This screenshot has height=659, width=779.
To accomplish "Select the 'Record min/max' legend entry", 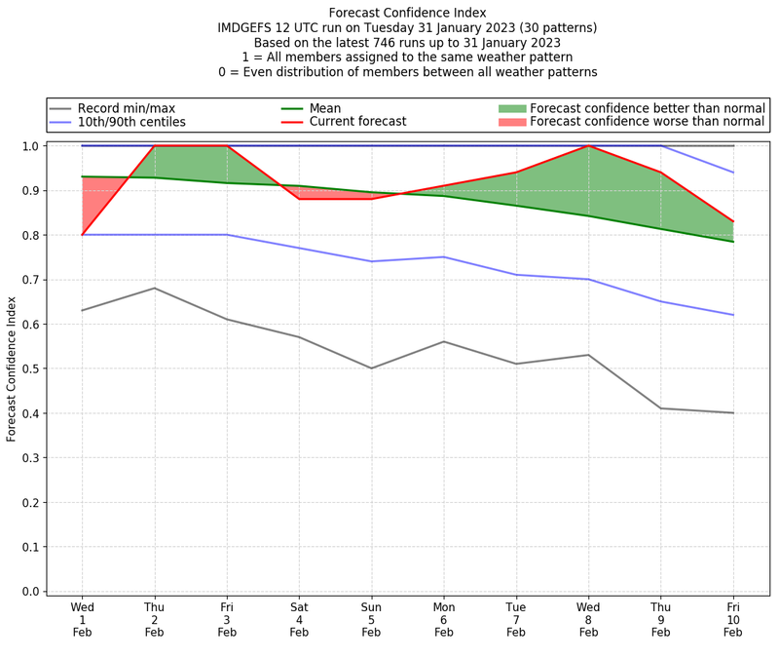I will click(126, 108).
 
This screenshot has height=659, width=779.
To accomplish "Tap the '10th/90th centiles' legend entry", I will click(131, 122).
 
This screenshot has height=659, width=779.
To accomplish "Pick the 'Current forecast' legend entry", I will click(357, 122).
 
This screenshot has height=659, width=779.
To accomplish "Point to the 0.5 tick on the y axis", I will click(30, 368).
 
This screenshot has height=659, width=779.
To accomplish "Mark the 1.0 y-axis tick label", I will click(30, 146).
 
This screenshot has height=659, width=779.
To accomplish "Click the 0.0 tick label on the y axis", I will click(30, 592).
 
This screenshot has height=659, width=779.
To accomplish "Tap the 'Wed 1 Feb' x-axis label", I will click(83, 619).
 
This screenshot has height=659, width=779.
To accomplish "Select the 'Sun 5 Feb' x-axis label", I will click(371, 619).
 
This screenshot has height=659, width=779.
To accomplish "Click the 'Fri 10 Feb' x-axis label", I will click(732, 619).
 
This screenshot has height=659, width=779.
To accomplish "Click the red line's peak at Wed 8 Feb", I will click(588, 146).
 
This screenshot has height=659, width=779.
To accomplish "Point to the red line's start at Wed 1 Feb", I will click(83, 234).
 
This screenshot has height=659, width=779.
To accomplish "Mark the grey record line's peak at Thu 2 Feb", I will click(155, 288).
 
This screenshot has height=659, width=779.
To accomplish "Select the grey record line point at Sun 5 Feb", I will click(371, 368).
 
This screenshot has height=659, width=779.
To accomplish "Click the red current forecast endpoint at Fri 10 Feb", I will click(732, 221).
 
